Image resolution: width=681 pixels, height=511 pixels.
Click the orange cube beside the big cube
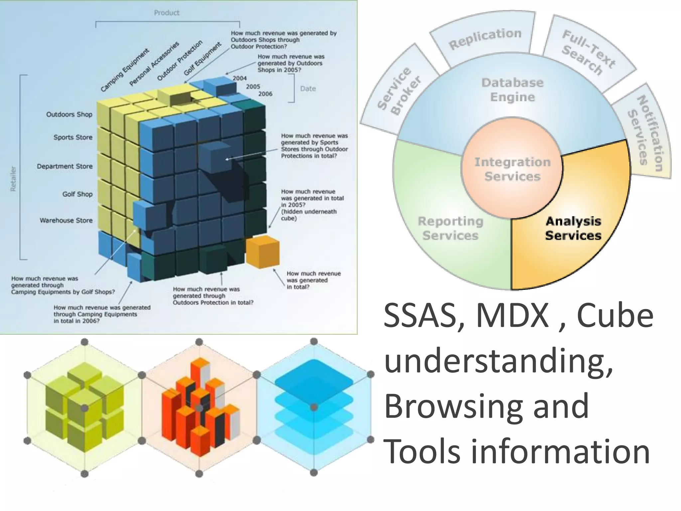click(262, 252)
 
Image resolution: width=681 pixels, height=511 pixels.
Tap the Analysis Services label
click(573, 228)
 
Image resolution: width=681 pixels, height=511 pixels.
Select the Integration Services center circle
click(512, 169)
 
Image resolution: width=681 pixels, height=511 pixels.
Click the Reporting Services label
click(450, 228)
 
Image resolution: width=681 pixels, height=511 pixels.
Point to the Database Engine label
click(512, 90)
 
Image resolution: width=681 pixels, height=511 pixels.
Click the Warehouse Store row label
click(66, 220)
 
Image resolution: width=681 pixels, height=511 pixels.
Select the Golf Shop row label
click(77, 194)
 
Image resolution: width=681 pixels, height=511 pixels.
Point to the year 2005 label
click(253, 86)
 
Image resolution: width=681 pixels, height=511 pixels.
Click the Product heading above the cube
click(166, 13)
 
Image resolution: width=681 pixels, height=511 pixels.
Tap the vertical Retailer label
click(13, 179)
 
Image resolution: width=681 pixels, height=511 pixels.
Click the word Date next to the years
click(308, 88)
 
